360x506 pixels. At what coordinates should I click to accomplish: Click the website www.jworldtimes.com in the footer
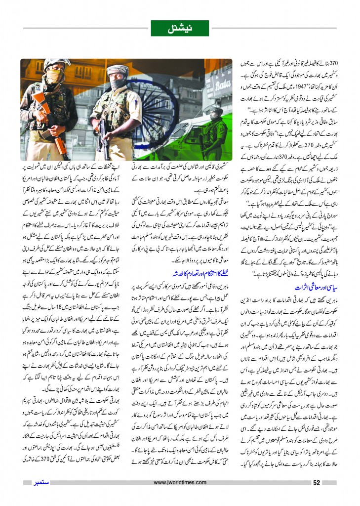180,483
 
